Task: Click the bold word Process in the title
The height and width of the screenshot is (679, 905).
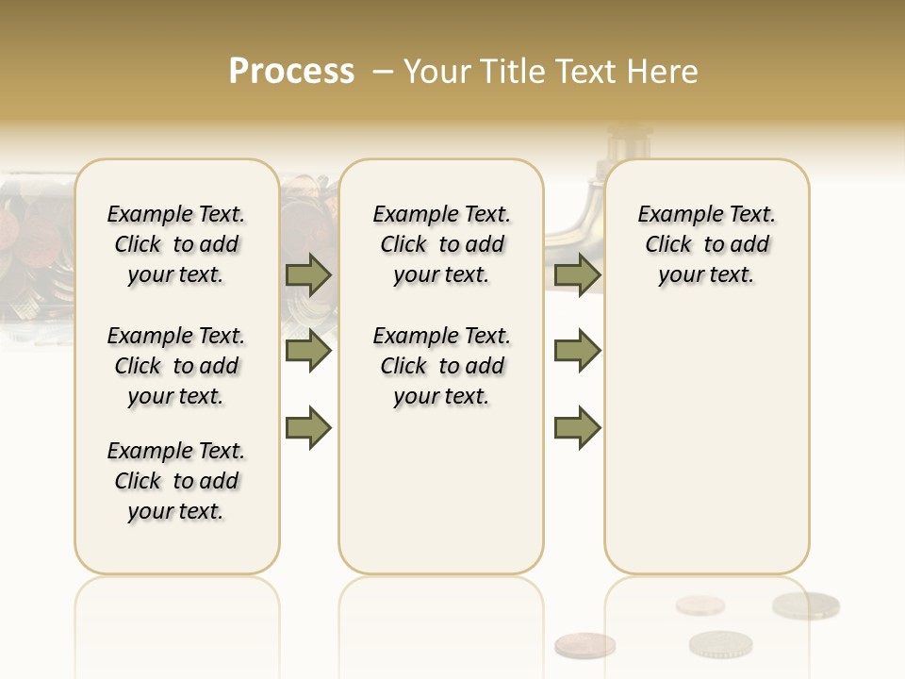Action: pos(291,72)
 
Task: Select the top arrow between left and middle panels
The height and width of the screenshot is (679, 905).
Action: pos(308,274)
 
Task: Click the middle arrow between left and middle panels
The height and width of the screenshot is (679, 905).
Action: pos(308,351)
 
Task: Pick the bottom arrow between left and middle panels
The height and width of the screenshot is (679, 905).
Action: pos(308,427)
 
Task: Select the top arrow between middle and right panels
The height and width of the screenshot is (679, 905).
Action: pos(577,274)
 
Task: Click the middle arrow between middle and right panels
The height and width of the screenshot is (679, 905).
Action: pos(577,351)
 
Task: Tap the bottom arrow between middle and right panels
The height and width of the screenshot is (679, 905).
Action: pos(577,427)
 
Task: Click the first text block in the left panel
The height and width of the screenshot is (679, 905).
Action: pos(176,244)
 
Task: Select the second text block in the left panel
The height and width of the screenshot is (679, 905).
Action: pos(176,366)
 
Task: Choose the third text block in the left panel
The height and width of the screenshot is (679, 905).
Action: pos(176,481)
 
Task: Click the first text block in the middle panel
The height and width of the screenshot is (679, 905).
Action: pos(441,244)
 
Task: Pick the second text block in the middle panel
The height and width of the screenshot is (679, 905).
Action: pos(441,366)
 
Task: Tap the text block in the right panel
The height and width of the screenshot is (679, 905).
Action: pos(706,244)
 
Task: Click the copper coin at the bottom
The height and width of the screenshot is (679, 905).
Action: pos(584,645)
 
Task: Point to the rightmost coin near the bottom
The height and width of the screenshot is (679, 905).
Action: pos(806,605)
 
